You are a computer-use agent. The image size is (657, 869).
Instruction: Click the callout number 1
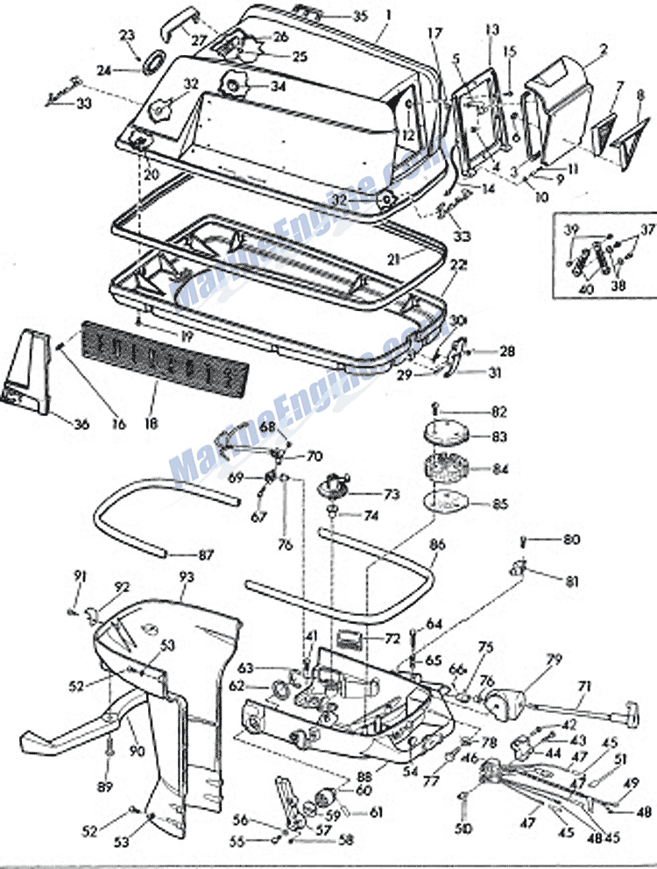point(388,15)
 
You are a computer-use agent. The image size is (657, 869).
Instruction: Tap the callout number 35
point(336,16)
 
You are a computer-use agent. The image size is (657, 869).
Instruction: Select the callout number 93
point(186,578)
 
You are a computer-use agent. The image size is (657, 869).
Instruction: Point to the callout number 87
point(205,555)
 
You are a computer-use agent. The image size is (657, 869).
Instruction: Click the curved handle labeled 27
point(172,30)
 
